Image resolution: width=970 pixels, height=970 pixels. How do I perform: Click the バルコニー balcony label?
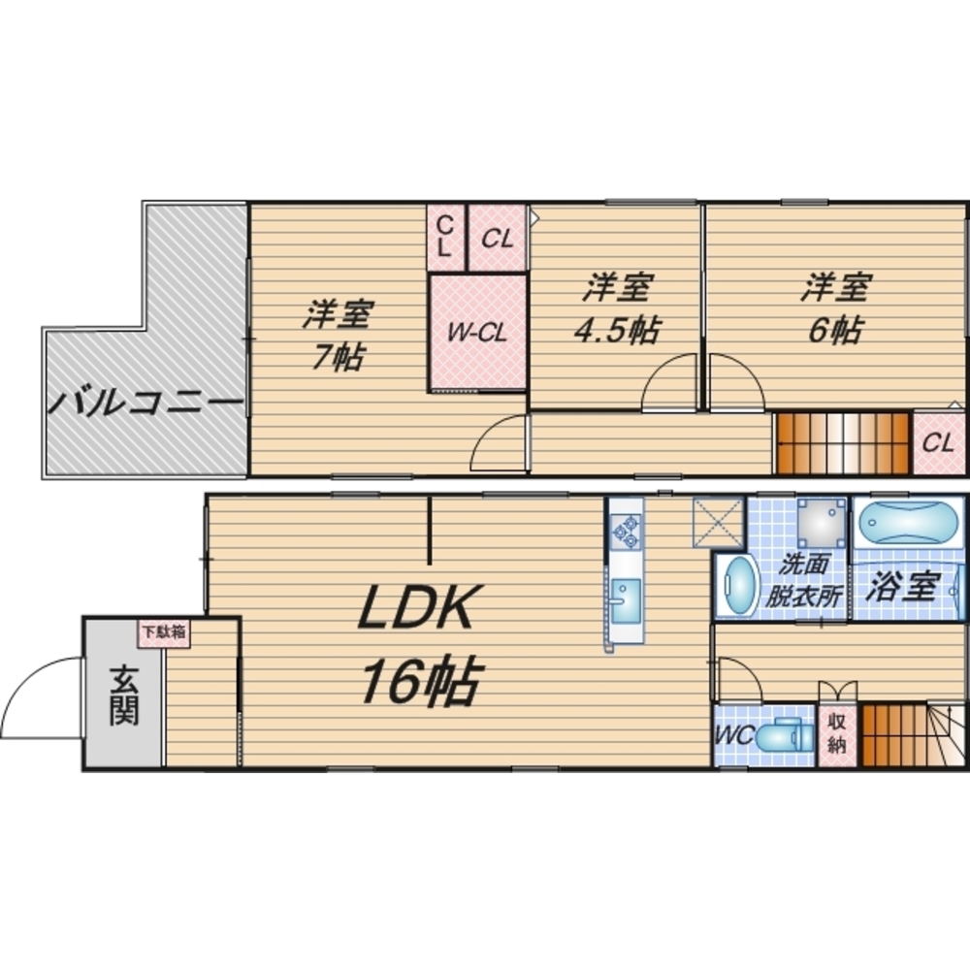[145, 402]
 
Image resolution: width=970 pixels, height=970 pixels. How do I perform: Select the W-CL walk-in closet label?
[477, 333]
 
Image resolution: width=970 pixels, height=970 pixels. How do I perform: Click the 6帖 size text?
[834, 330]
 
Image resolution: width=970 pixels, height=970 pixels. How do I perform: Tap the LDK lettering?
[416, 611]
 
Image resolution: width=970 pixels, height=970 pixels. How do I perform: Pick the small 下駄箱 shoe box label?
[163, 632]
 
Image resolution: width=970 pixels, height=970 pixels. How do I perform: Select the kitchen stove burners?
[626, 531]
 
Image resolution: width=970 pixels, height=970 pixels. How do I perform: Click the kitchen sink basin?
[626, 595]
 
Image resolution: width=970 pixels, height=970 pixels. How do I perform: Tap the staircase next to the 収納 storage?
[893, 735]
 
